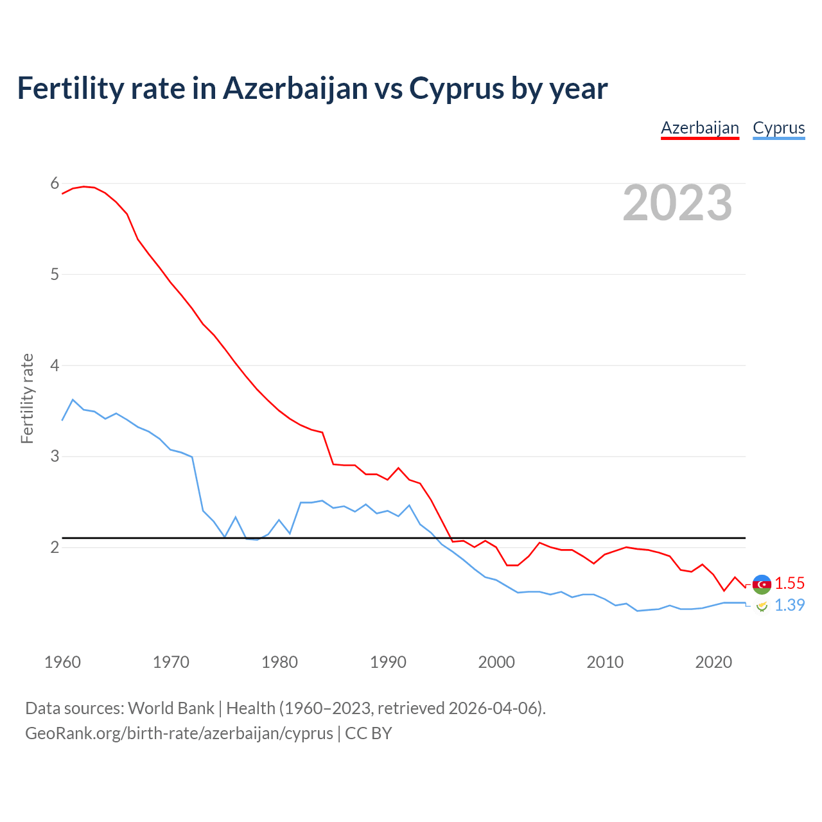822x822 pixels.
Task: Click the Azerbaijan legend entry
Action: point(700,128)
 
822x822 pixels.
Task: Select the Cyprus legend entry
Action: point(778,128)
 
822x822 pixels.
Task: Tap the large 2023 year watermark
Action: point(678,203)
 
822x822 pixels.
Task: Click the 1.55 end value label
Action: point(789,583)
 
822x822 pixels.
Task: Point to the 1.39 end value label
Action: point(789,605)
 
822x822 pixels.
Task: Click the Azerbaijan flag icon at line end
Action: point(762,584)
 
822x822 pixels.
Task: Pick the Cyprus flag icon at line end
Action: point(762,606)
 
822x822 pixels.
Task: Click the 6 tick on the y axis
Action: point(55,184)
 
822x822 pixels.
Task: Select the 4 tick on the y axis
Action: point(55,365)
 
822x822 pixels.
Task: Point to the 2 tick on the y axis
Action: point(55,547)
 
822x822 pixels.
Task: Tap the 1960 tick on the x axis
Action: point(62,662)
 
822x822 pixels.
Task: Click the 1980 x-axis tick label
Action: point(279,662)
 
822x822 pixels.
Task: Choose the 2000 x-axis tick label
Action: point(496,662)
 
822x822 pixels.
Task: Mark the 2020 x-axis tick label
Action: point(713,662)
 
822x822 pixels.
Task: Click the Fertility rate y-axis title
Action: point(27,398)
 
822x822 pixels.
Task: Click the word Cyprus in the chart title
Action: point(456,89)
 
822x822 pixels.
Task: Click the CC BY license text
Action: point(369,733)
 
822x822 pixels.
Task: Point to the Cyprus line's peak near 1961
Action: point(73,399)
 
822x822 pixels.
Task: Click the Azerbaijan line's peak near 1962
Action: point(83,186)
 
